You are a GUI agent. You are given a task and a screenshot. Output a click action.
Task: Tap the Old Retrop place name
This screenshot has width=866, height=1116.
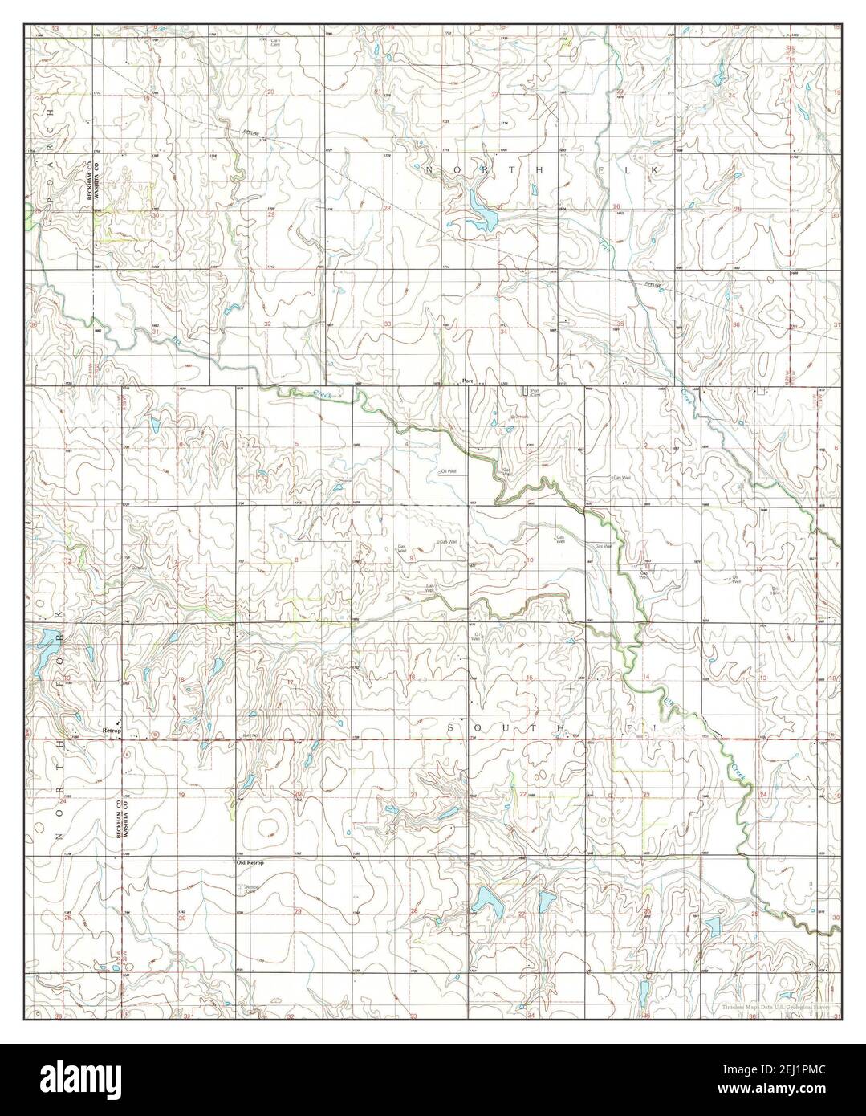point(250,862)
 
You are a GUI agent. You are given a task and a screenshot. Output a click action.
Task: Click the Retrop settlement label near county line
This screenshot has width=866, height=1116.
point(111,731)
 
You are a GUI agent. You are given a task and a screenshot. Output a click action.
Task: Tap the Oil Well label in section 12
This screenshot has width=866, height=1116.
point(733,578)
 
